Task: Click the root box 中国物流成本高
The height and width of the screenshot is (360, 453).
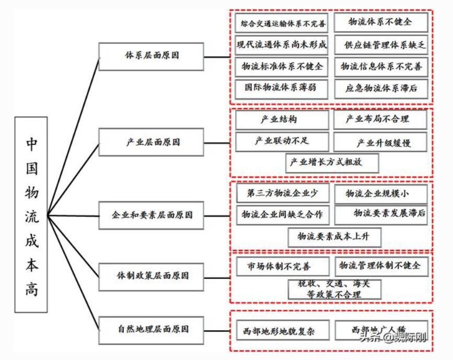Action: [x=31, y=215]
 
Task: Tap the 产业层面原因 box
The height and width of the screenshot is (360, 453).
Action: [x=151, y=142]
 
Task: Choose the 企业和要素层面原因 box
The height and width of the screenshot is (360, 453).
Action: [x=151, y=215]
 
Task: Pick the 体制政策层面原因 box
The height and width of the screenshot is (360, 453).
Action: [x=151, y=275]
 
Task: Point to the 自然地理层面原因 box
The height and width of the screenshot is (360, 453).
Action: [x=151, y=330]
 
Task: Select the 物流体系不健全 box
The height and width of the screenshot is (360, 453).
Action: [x=381, y=22]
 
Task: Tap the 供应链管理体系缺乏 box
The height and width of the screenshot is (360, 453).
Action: [x=381, y=45]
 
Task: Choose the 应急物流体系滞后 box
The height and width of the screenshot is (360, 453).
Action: [x=381, y=88]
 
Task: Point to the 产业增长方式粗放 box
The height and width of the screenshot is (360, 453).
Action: [x=333, y=162]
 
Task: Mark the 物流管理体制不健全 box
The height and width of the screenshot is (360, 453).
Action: [x=381, y=265]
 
